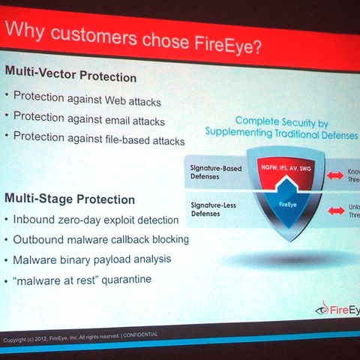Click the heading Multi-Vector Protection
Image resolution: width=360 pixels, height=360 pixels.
click(x=71, y=77)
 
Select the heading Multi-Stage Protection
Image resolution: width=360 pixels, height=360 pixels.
click(x=70, y=199)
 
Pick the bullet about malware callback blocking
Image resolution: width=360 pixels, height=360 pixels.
click(x=100, y=239)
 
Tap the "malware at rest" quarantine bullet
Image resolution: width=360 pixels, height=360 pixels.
click(x=80, y=278)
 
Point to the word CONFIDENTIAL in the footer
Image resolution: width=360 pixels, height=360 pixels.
click(x=139, y=334)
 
